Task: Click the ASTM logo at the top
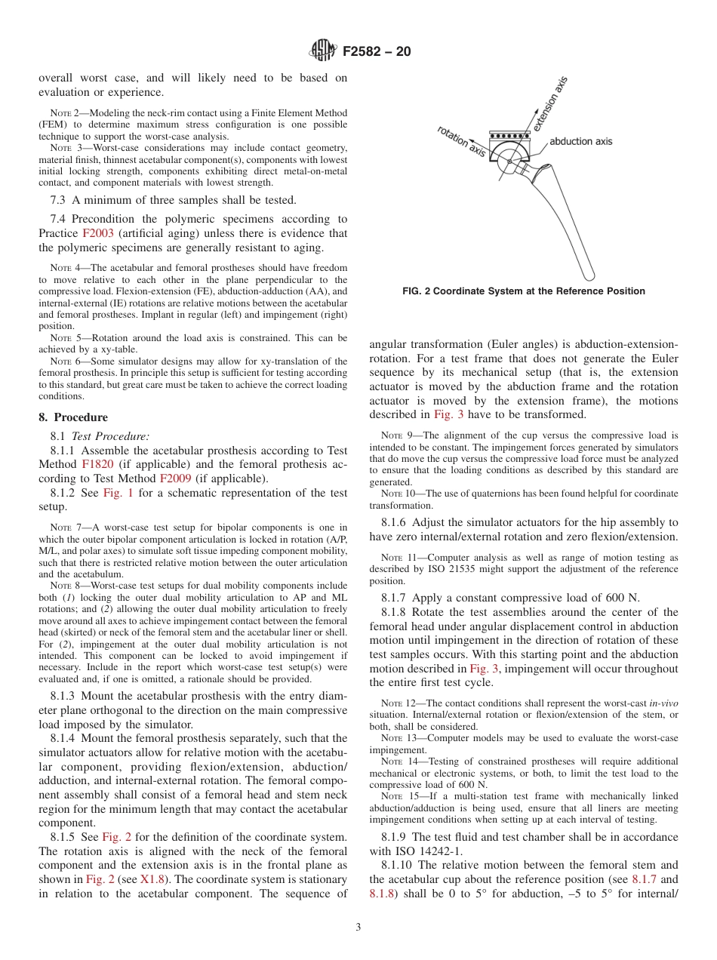click(x=324, y=51)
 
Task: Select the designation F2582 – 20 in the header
click(x=377, y=52)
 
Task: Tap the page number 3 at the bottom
click(x=358, y=927)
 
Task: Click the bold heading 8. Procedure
click(x=73, y=417)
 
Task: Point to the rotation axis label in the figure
click(x=461, y=141)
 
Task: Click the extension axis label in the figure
click(x=549, y=105)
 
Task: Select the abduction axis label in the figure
click(x=580, y=141)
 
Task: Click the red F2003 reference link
click(x=97, y=233)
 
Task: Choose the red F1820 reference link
click(x=97, y=464)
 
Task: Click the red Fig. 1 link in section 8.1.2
click(x=117, y=493)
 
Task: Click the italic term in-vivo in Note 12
click(x=663, y=703)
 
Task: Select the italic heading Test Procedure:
click(x=110, y=435)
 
